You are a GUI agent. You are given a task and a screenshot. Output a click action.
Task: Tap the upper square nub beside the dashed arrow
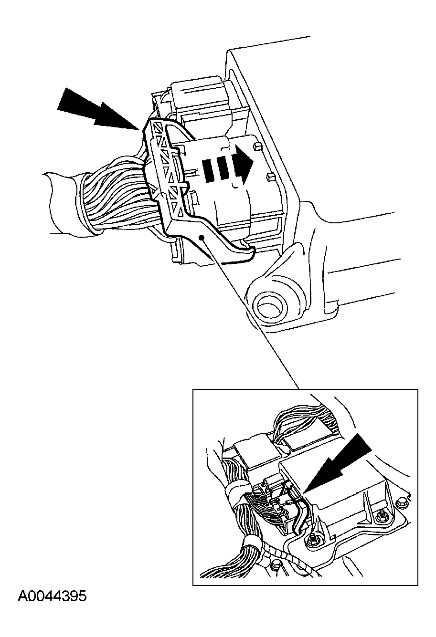pyautogui.click(x=257, y=147)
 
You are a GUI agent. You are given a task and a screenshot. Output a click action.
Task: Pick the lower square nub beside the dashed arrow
pyautogui.click(x=270, y=177)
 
